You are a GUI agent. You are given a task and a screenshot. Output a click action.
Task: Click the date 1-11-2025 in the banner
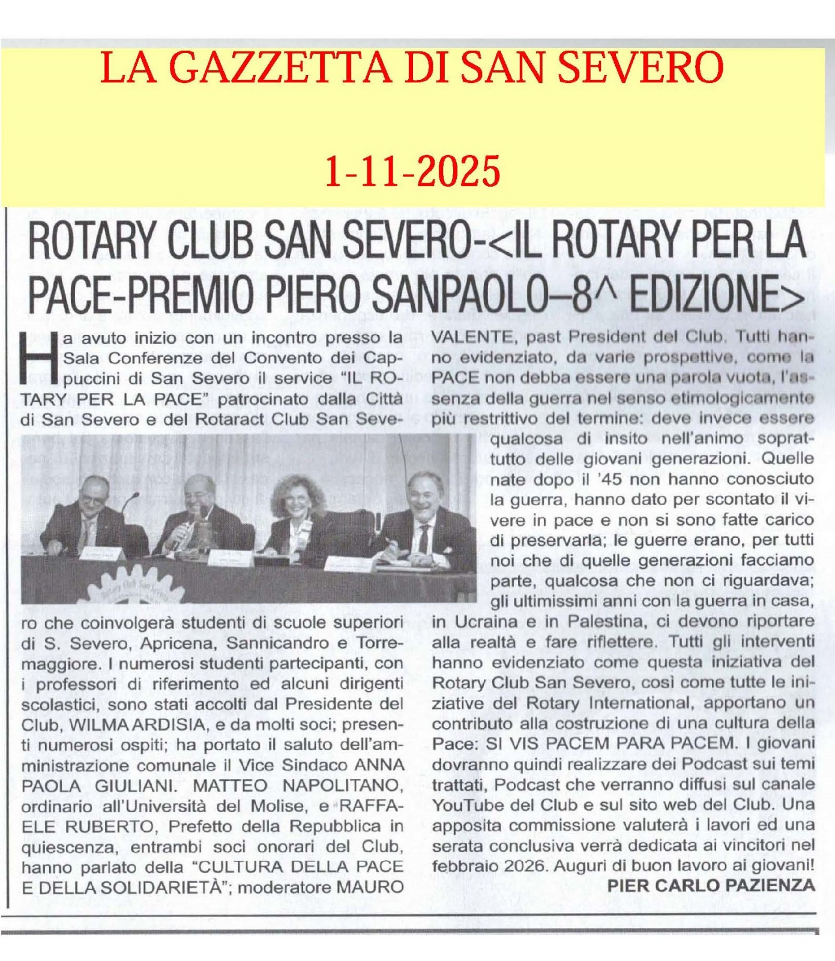click(412, 171)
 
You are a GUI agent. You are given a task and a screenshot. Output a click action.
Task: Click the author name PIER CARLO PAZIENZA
click(711, 885)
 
